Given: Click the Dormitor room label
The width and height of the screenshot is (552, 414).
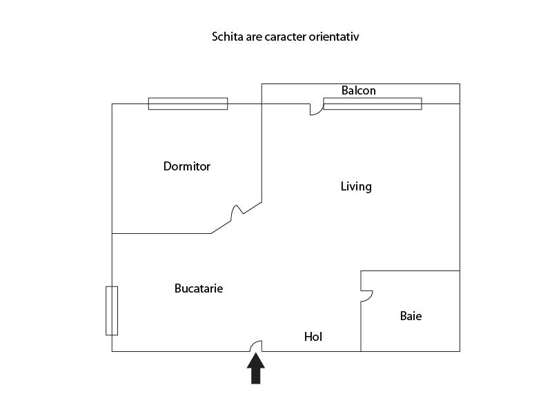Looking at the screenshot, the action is coord(186,166).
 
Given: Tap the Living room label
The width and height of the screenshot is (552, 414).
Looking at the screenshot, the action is coord(356,186).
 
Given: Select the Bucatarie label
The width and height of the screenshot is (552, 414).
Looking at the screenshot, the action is coord(199,288).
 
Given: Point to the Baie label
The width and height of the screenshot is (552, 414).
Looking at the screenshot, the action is coord(411,316).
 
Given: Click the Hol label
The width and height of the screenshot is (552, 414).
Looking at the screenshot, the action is coord(313,337).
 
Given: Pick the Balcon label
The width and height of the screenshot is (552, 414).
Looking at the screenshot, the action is coord(358,90).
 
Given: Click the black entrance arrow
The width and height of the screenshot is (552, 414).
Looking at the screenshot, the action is coord(256,368).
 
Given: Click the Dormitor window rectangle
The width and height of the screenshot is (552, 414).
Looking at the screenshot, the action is coord(188,103).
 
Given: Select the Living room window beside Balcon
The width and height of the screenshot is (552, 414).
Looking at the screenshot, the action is coord(373,103).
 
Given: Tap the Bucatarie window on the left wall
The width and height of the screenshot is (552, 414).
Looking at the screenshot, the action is coord(112,310).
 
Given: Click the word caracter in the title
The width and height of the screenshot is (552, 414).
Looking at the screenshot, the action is coord(285,37).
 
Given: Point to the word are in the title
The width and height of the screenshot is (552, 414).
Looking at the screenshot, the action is coord(254,37).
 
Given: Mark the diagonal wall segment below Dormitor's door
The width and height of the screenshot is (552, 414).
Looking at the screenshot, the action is coord(221,227).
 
